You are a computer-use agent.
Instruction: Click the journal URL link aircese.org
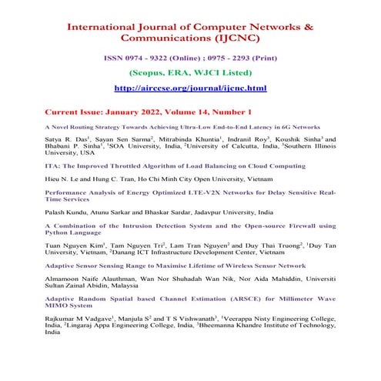point(189,89)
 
